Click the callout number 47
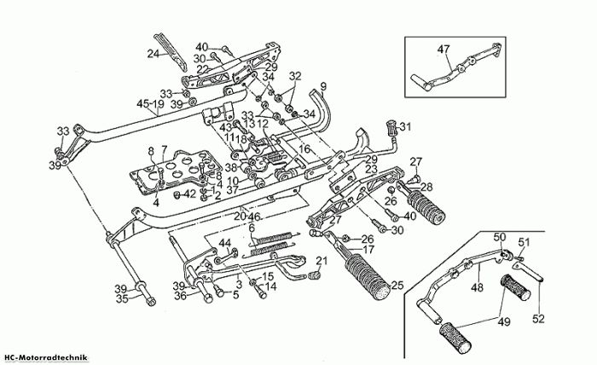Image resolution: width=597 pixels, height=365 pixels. tap(443, 49)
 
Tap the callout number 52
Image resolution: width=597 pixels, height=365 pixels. tap(538, 319)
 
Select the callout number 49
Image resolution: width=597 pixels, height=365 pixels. tap(504, 322)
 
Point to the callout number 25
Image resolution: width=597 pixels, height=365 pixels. tap(397, 286)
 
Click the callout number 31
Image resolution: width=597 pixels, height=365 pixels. tap(405, 127)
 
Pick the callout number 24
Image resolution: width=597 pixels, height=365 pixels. tap(154, 54)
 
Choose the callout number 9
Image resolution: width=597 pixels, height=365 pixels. tap(323, 86)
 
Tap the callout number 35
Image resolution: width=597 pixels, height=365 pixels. tap(122, 299)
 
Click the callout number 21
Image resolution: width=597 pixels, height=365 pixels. tap(322, 261)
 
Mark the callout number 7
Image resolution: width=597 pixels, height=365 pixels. tap(164, 149)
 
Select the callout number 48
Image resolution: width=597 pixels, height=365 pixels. tap(477, 287)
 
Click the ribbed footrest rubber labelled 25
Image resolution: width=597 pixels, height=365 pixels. tap(368, 275)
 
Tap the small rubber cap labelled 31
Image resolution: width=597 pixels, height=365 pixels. tap(391, 128)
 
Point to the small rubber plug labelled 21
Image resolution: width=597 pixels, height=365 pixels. tap(313, 275)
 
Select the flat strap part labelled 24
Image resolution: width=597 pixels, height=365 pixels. tap(171, 53)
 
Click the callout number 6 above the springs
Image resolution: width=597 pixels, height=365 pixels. tap(251, 229)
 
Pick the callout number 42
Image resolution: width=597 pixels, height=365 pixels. tap(189, 194)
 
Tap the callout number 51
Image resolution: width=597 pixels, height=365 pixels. tap(525, 242)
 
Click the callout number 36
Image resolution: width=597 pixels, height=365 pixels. tap(181, 295)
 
